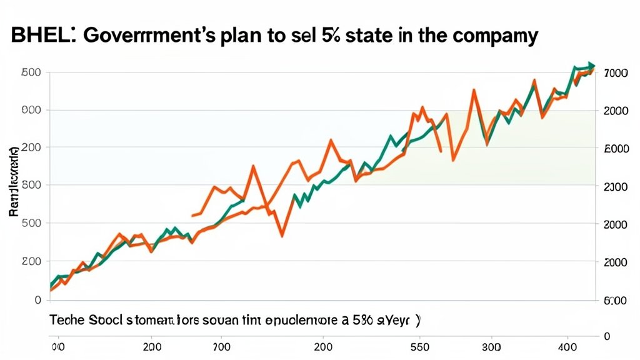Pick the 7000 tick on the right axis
616,73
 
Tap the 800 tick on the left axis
32,186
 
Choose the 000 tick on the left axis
32,111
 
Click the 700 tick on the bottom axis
222,345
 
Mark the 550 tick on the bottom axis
419,345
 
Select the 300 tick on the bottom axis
492,345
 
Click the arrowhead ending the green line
591,66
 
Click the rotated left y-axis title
13,181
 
